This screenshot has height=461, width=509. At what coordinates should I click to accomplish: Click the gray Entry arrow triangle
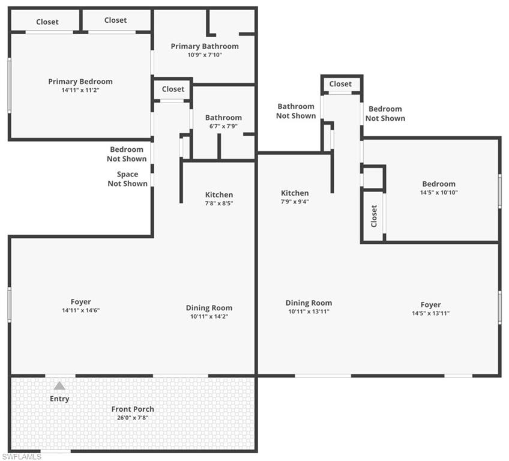point(59,386)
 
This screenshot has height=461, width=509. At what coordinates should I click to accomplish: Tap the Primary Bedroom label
point(80,82)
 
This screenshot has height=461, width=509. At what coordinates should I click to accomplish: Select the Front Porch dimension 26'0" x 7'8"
point(133,418)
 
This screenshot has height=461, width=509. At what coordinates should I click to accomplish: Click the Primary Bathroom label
point(205,46)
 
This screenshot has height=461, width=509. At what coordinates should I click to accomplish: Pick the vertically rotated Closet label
point(374,216)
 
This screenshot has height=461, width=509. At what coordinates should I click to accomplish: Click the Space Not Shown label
point(128,179)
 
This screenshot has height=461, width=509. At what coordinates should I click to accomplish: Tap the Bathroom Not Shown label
point(296,111)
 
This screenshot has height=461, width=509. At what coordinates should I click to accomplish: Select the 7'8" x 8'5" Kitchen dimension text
point(219,203)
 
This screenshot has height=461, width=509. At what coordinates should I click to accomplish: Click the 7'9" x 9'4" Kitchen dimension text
point(295,202)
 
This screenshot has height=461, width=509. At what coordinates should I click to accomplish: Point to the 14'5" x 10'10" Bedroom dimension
point(439,192)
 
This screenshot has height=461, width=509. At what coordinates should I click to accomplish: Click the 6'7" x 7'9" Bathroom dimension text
point(223,126)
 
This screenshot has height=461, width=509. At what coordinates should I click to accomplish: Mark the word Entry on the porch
point(59,399)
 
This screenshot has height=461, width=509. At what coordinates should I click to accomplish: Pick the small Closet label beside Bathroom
point(173,89)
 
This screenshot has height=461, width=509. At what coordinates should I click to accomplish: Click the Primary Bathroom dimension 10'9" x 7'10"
point(205,55)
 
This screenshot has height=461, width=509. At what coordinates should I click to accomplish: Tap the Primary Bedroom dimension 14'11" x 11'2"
point(80,90)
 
